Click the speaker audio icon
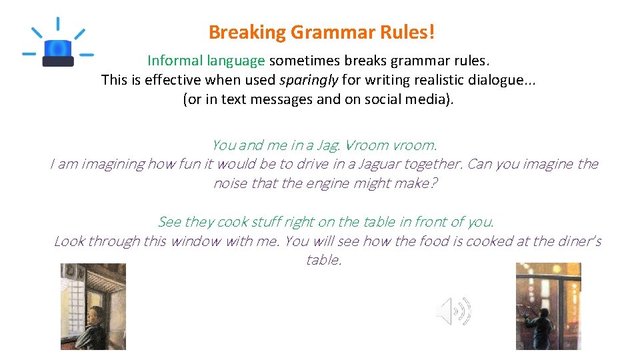[453, 311]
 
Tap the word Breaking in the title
[247, 32]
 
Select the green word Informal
[175, 61]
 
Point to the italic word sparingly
[309, 81]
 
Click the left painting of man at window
[93, 306]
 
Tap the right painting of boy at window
[548, 306]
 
